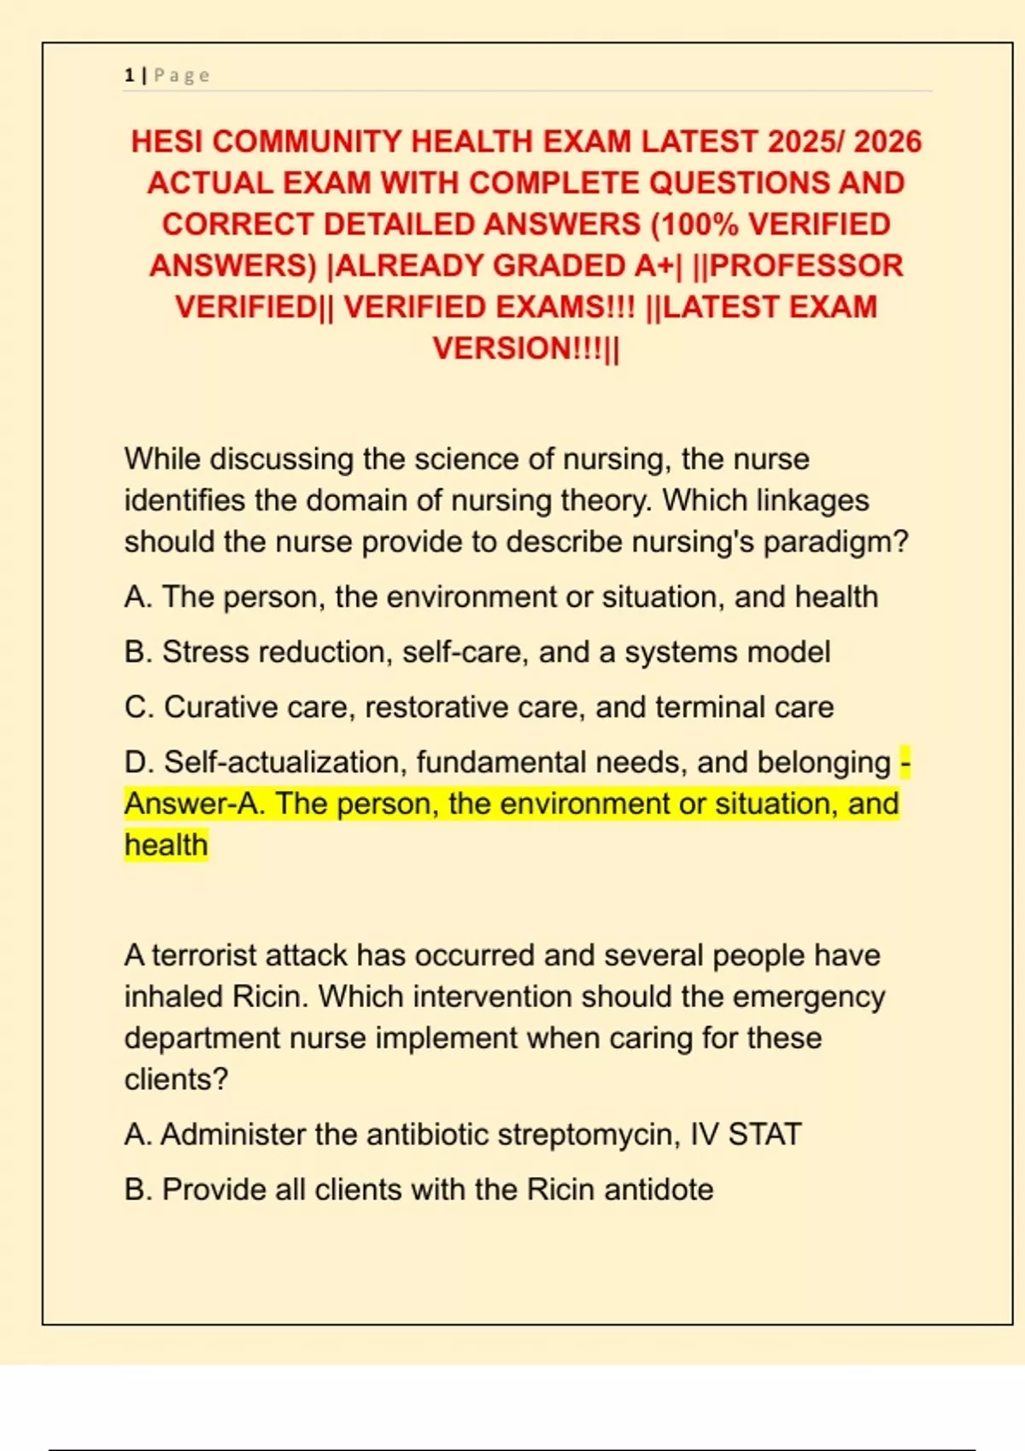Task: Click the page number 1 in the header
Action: [129, 75]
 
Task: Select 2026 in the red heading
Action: [887, 142]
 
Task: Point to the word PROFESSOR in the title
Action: [806, 265]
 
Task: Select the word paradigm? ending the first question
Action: [836, 542]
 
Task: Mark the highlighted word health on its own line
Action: [166, 845]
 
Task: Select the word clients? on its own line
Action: [176, 1080]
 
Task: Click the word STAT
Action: [764, 1135]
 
